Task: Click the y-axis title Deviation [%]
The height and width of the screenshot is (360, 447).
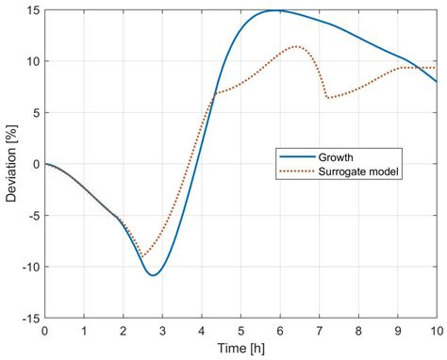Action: [x=10, y=164]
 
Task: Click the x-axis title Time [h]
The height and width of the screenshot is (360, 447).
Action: [x=240, y=350]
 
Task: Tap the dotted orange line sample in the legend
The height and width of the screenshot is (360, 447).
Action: [x=293, y=172]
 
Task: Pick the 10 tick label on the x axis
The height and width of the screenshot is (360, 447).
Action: [x=436, y=332]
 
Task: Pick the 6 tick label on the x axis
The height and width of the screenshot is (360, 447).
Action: [x=279, y=332]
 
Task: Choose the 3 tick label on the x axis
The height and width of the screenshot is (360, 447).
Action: [x=162, y=332]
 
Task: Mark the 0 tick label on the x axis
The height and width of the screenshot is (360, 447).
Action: [x=44, y=332]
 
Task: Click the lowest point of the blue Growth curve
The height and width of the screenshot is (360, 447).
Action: [x=153, y=275]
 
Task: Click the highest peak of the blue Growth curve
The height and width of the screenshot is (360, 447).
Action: [x=277, y=10]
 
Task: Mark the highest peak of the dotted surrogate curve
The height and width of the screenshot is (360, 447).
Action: [x=297, y=46]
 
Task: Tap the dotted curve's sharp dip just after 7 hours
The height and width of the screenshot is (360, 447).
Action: [x=328, y=98]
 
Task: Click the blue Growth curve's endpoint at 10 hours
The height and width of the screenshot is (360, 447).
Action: [x=437, y=82]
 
